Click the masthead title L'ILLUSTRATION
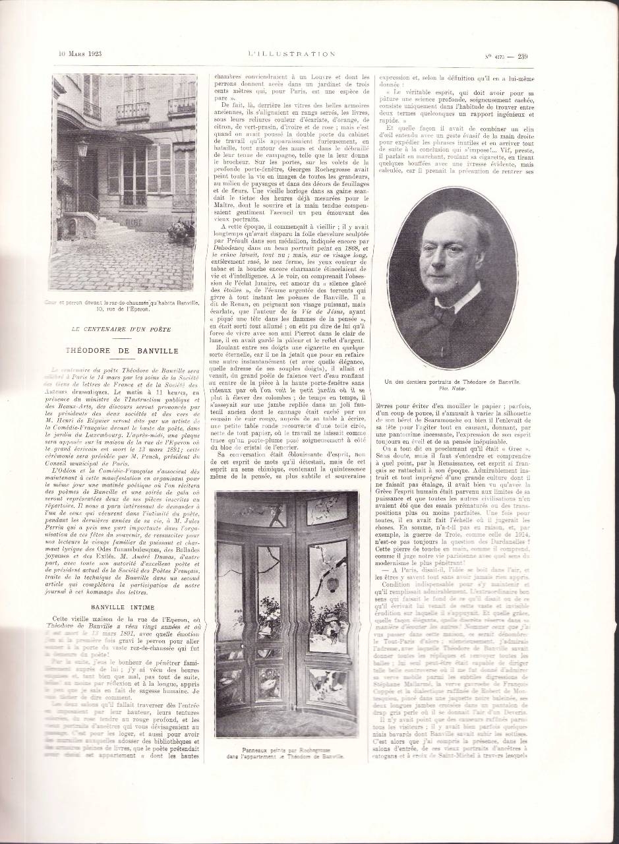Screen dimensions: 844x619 pyautogui.click(x=291, y=54)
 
